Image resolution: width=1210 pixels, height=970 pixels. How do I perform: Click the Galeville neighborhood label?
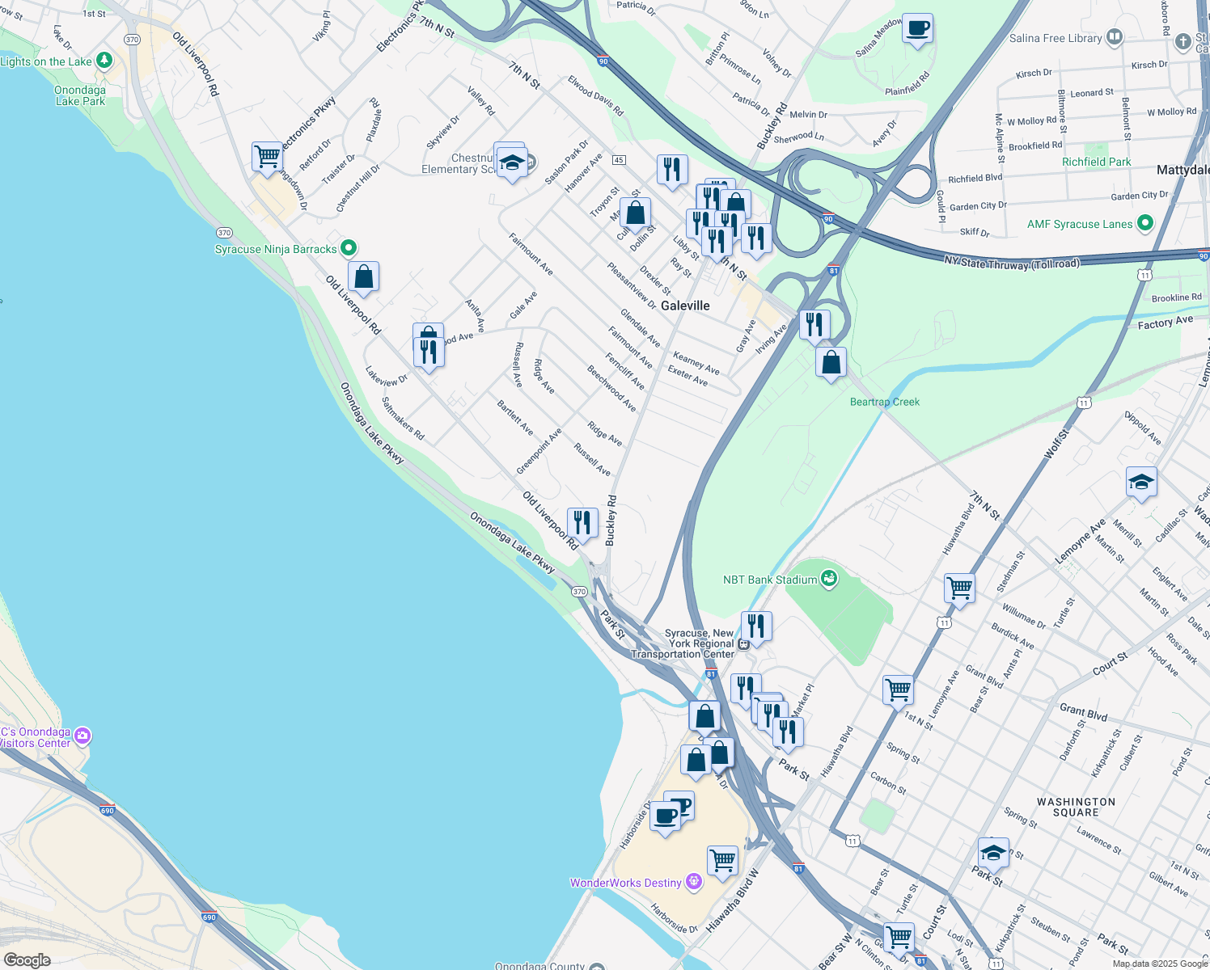tap(685, 306)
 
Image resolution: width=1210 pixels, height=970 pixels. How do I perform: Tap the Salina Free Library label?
tap(1055, 38)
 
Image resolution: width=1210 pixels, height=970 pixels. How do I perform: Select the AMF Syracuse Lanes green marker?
tap(1144, 223)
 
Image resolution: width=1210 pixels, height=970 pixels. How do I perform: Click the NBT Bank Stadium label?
tap(769, 580)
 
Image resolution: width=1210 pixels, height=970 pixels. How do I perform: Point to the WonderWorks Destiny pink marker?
tap(693, 882)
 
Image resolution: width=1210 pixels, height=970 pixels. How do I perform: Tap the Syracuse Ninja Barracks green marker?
tap(349, 248)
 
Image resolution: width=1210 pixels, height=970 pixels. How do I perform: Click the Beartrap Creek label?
tap(884, 402)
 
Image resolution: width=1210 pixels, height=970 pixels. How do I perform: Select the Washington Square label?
tap(1076, 807)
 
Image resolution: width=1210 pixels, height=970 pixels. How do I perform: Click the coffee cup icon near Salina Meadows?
tap(917, 29)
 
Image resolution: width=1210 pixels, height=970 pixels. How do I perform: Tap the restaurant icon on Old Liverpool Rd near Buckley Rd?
tap(582, 523)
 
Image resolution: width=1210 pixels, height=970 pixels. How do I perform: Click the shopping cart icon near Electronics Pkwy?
tap(267, 155)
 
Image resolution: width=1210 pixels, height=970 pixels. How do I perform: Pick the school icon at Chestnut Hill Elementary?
tap(512, 164)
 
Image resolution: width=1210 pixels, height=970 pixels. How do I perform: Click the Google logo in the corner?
tap(27, 959)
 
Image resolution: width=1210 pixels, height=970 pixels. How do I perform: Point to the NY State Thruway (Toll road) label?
tap(1011, 263)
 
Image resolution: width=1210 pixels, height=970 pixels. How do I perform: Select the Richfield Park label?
tap(1096, 162)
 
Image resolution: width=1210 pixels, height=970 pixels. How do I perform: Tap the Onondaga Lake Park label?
tap(80, 95)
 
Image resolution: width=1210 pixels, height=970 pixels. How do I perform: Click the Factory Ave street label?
tap(1165, 323)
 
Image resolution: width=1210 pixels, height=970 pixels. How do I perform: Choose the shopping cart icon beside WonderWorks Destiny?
tap(722, 860)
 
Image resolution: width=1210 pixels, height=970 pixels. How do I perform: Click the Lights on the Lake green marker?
tap(104, 61)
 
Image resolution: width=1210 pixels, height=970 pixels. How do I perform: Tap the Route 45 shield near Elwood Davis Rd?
tap(619, 160)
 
